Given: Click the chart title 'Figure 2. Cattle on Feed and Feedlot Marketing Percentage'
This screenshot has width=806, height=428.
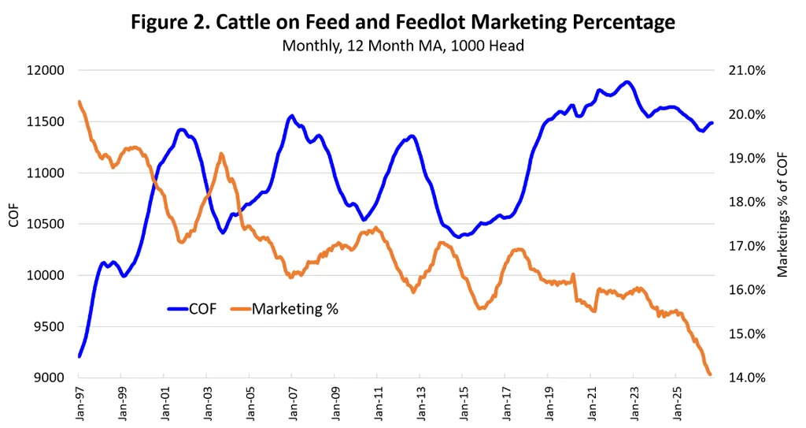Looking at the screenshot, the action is click(402, 22).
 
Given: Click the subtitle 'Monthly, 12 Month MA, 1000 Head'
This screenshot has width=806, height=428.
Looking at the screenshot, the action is click(403, 46).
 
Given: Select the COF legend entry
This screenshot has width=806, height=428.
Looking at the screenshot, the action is click(192, 309).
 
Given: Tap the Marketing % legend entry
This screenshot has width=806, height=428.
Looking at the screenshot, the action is click(284, 309).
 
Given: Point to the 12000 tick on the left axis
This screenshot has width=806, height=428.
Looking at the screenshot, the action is click(45, 71).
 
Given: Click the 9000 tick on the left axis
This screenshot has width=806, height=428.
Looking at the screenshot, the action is click(50, 378).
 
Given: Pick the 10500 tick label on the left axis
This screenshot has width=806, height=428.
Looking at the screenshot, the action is click(45, 224).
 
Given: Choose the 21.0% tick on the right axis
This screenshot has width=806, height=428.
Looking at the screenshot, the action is click(747, 71).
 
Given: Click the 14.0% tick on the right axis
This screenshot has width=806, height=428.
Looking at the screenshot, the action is click(747, 378).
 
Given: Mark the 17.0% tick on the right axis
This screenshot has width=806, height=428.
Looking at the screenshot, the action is click(747, 246).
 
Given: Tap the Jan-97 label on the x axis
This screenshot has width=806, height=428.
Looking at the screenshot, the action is click(79, 404).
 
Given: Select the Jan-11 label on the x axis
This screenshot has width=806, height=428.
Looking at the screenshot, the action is click(378, 404).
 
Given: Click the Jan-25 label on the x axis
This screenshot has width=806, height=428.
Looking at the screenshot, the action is click(677, 404).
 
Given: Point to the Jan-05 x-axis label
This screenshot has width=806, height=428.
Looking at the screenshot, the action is click(250, 404).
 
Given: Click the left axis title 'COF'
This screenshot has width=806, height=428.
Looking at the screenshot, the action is click(14, 215).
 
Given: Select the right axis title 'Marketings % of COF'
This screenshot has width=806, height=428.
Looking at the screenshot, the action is click(782, 215).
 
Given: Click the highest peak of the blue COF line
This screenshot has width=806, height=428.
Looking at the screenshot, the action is click(626, 82).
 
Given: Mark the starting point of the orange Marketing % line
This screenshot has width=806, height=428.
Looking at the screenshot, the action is click(79, 102).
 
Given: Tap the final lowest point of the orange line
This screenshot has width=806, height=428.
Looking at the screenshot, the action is click(710, 374).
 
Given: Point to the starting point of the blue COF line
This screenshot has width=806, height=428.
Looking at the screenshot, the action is click(79, 356).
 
